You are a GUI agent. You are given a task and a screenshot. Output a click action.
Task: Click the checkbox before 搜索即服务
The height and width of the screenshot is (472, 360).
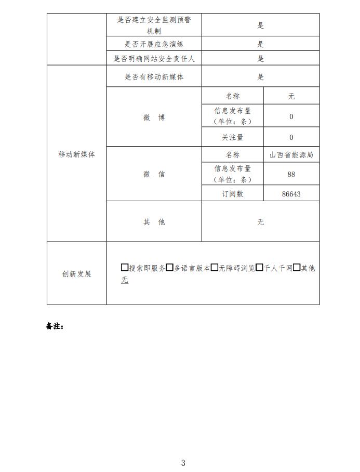point(124,268)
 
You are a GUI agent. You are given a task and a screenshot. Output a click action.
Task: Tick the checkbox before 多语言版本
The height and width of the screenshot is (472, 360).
point(169,268)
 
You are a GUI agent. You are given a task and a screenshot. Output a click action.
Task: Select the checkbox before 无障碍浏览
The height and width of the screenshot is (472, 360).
point(214,268)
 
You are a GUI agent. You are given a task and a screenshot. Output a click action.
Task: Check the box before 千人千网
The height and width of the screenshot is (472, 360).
point(259,268)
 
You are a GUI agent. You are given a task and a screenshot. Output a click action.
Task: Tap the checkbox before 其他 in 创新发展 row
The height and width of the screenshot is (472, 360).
point(297,268)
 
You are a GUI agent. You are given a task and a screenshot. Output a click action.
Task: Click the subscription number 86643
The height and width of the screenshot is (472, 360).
point(291,194)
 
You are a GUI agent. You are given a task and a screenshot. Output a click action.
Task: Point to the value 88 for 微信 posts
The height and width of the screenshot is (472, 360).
point(291,174)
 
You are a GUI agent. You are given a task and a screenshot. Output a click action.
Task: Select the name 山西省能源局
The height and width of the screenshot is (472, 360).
point(291,155)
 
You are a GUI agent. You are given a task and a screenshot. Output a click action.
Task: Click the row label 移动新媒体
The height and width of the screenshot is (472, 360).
point(76,154)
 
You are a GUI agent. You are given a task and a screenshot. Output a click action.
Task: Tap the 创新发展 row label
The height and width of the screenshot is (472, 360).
point(76,274)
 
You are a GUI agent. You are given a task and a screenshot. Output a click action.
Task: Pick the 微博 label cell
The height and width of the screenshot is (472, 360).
point(154,117)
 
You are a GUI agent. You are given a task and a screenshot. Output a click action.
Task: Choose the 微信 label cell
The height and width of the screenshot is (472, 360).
point(154,174)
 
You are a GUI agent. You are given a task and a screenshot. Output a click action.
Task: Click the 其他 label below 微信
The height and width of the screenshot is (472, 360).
point(154,222)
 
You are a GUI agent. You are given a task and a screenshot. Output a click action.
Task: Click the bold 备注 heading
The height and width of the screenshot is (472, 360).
point(55,326)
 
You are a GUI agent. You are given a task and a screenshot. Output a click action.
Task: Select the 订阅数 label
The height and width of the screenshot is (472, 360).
point(232,194)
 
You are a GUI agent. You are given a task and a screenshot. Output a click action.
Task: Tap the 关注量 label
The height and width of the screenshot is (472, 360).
point(232,137)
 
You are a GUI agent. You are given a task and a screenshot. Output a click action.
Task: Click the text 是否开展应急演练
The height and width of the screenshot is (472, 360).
point(154,44)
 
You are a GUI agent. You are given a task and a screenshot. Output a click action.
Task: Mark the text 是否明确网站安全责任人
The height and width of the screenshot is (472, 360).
point(154,59)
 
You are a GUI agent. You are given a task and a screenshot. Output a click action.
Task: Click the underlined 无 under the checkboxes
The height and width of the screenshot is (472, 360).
point(125,280)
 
